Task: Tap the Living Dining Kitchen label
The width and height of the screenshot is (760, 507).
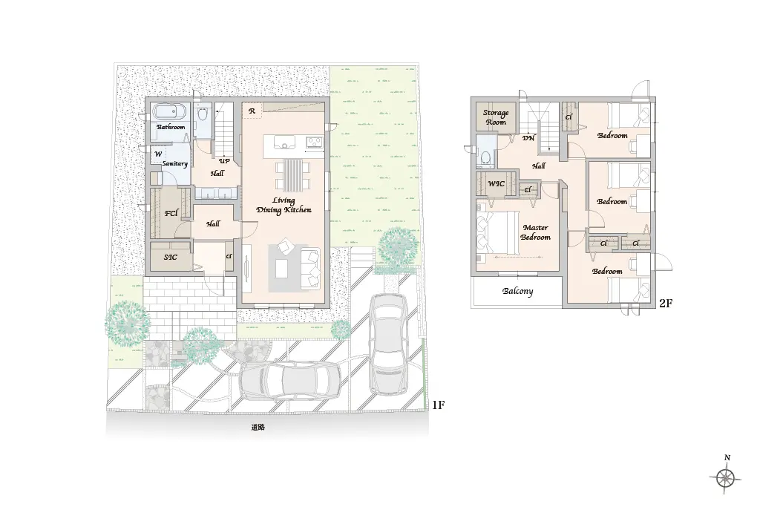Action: coord(284,205)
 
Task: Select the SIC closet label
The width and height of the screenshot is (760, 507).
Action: coord(170,258)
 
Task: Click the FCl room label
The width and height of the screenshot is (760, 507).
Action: coord(171,213)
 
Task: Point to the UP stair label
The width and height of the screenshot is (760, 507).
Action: coord(224,161)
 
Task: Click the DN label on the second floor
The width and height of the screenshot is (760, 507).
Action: coord(528,137)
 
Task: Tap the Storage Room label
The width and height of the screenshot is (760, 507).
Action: coord(496,117)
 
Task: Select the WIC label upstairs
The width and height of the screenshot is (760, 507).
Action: coord(496,183)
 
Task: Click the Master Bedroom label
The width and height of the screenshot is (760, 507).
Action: coord(536,232)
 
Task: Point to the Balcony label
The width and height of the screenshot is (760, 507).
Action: coord(517,291)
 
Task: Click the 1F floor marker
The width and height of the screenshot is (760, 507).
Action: coord(438,405)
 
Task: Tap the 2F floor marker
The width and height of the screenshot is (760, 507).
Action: coord(666,304)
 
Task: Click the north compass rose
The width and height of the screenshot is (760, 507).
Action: coord(726,477)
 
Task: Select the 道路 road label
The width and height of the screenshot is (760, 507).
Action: coord(258,428)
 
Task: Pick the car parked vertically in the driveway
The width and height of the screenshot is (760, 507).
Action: coord(388,344)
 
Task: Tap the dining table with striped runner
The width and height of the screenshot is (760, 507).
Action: coord(292,174)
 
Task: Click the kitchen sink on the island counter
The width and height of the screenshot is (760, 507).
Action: coord(284,142)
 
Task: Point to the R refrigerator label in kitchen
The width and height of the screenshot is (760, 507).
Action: coord(252,111)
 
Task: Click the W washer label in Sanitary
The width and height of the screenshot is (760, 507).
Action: coord(158,154)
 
